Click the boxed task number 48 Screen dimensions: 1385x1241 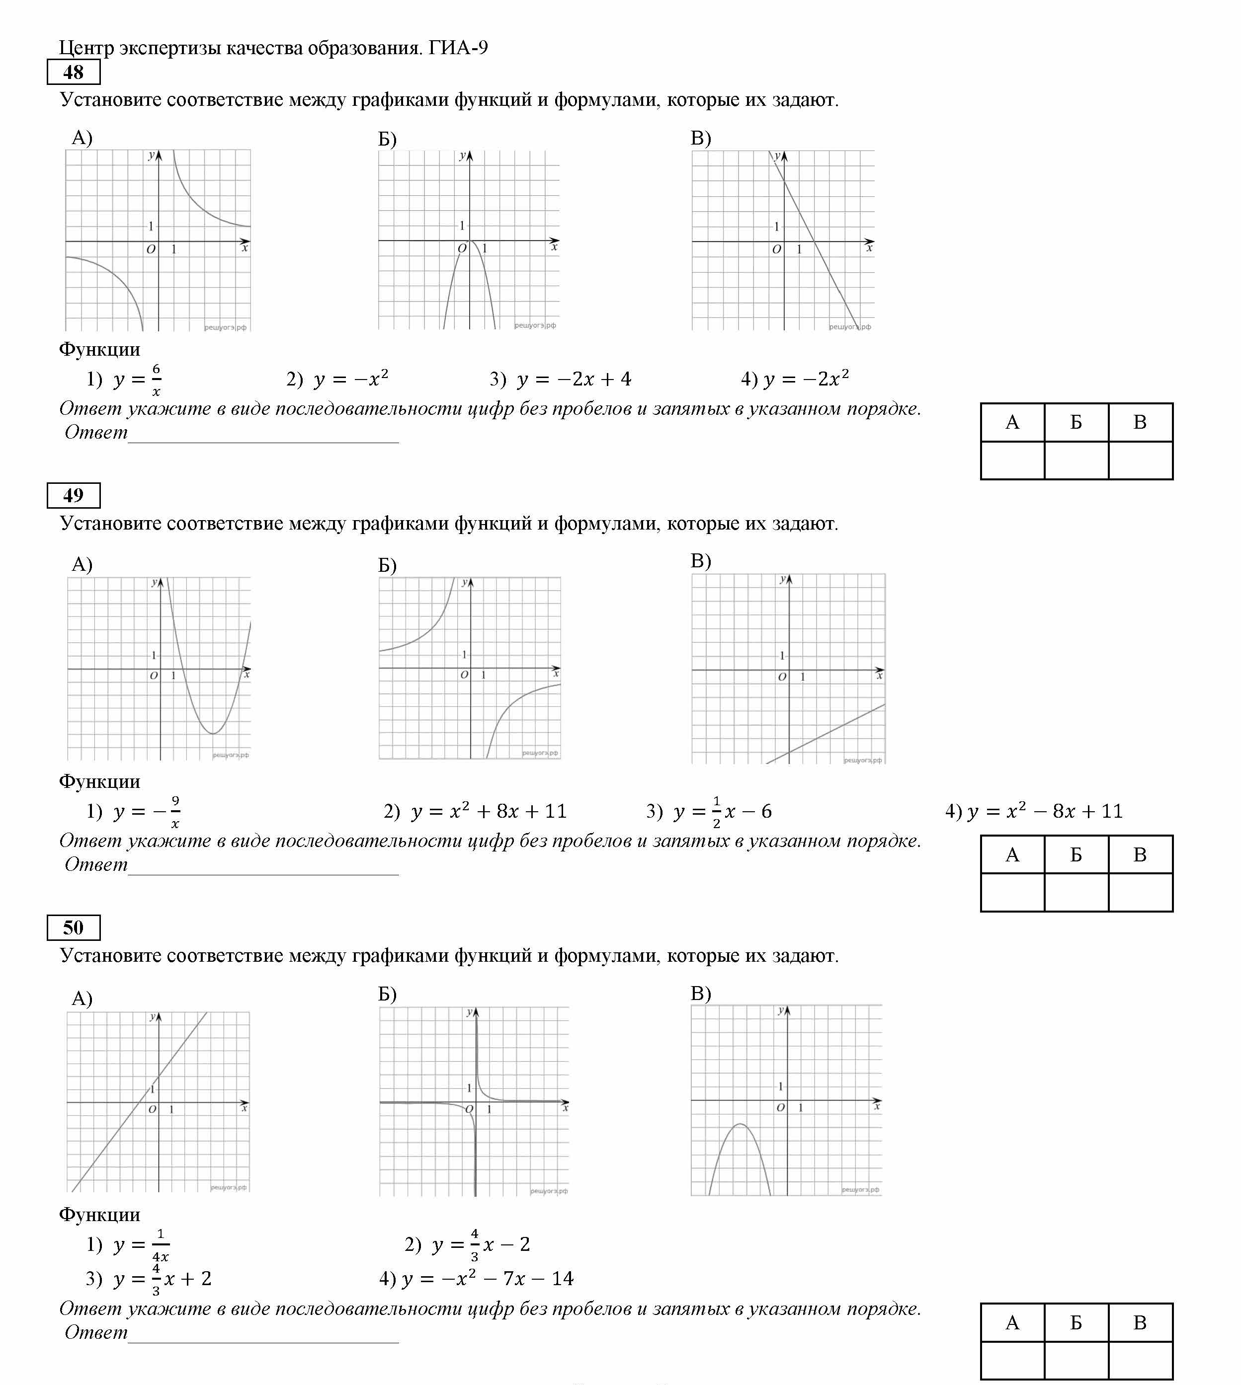[x=73, y=72]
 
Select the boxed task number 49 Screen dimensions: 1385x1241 [x=73, y=495]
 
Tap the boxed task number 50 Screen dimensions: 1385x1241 [x=73, y=927]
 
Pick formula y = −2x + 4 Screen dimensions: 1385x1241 [x=574, y=379]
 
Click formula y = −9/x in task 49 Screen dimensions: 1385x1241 [x=147, y=812]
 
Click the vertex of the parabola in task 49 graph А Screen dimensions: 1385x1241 [x=213, y=733]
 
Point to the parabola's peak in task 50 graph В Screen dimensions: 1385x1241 [x=741, y=1124]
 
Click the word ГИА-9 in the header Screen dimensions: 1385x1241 [x=458, y=48]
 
